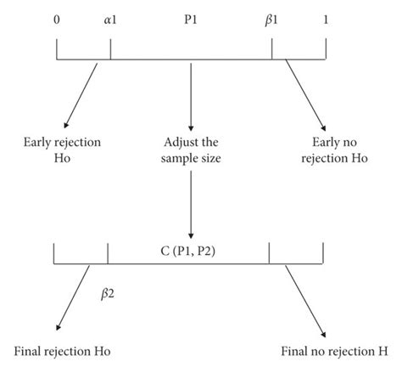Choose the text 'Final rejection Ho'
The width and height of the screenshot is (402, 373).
(62, 351)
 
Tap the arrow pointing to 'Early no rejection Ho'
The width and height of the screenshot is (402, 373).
(298, 93)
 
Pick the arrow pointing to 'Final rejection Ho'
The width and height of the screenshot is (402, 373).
(73, 297)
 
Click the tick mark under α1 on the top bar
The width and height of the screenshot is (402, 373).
(110, 49)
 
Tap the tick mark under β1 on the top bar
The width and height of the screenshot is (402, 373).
(271, 49)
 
